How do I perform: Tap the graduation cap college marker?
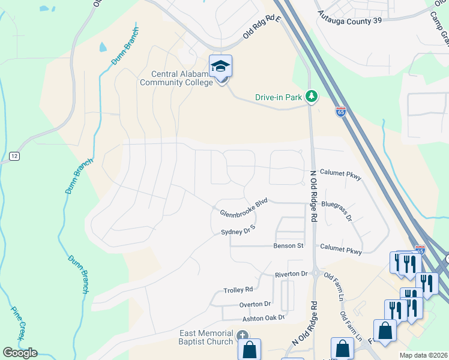(x=220, y=67)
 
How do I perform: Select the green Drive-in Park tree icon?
(x=311, y=96)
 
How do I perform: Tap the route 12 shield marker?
(x=14, y=156)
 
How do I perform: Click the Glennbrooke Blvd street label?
(x=243, y=208)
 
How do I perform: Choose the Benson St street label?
(x=289, y=246)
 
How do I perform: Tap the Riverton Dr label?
(x=291, y=274)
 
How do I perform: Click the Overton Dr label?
(x=255, y=304)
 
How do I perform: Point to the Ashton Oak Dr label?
(x=262, y=318)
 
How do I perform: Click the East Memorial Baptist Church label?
(x=206, y=337)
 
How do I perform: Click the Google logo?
(x=20, y=353)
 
